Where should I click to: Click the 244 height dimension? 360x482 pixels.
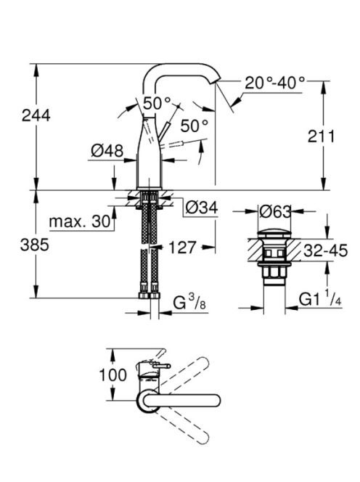coord(36,115)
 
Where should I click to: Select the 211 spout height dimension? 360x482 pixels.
coord(321,136)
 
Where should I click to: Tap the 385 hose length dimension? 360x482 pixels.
coord(34,245)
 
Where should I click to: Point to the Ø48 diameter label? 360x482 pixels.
coord(107,151)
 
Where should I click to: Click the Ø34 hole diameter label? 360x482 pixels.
coord(202,208)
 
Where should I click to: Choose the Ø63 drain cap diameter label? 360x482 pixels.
coord(275,211)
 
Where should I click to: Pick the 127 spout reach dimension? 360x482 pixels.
coord(182,247)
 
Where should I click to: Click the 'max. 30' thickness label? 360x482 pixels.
coord(80,221)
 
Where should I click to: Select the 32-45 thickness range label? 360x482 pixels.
coord(326,250)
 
